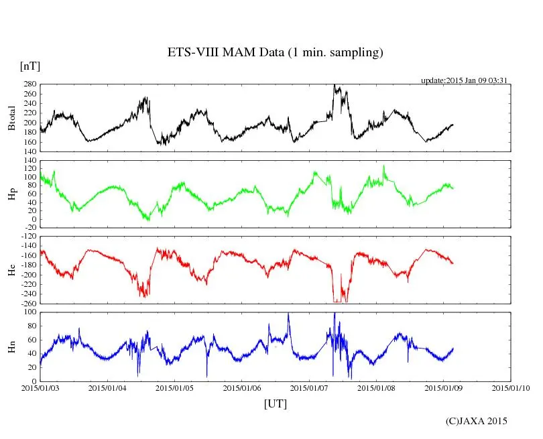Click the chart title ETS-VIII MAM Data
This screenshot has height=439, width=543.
pos(275,53)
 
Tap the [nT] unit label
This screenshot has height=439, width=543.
pos(29,66)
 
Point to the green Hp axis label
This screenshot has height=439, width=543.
pos(11,194)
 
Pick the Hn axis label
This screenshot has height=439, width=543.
pos(11,347)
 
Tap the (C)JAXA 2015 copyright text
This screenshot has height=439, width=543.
pos(477,421)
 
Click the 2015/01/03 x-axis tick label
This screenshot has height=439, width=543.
pos(40,388)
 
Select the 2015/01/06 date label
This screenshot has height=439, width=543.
pos(242,388)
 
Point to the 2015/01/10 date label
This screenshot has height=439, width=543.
pos(511,388)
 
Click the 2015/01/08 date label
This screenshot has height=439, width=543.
pos(377,388)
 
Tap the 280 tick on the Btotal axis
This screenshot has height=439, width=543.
pos(30,84)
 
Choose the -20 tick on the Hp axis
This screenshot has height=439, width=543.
pos(31,227)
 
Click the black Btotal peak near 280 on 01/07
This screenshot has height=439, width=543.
pos(335,86)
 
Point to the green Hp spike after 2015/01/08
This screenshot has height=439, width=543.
pos(384,166)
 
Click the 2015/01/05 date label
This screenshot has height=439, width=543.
pos(175,388)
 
